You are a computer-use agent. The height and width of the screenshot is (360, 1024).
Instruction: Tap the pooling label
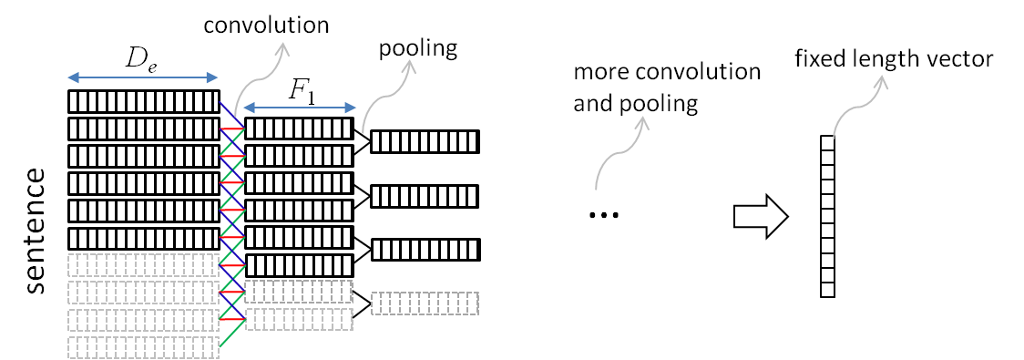click(x=417, y=48)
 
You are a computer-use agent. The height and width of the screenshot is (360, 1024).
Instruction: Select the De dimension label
click(x=140, y=63)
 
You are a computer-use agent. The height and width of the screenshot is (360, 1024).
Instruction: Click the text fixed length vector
click(x=893, y=60)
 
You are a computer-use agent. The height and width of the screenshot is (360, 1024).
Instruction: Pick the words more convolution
click(x=667, y=72)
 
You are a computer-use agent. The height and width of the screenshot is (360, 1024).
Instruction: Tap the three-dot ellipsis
click(x=603, y=216)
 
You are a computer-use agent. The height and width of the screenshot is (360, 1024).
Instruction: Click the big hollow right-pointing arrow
click(x=761, y=216)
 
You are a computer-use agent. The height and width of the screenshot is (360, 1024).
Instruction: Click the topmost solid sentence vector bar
click(x=144, y=100)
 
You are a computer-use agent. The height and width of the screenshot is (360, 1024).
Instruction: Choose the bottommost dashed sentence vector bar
click(x=144, y=347)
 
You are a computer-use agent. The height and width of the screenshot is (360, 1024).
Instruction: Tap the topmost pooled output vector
click(x=425, y=141)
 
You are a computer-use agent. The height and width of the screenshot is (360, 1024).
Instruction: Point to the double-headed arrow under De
click(x=144, y=77)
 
